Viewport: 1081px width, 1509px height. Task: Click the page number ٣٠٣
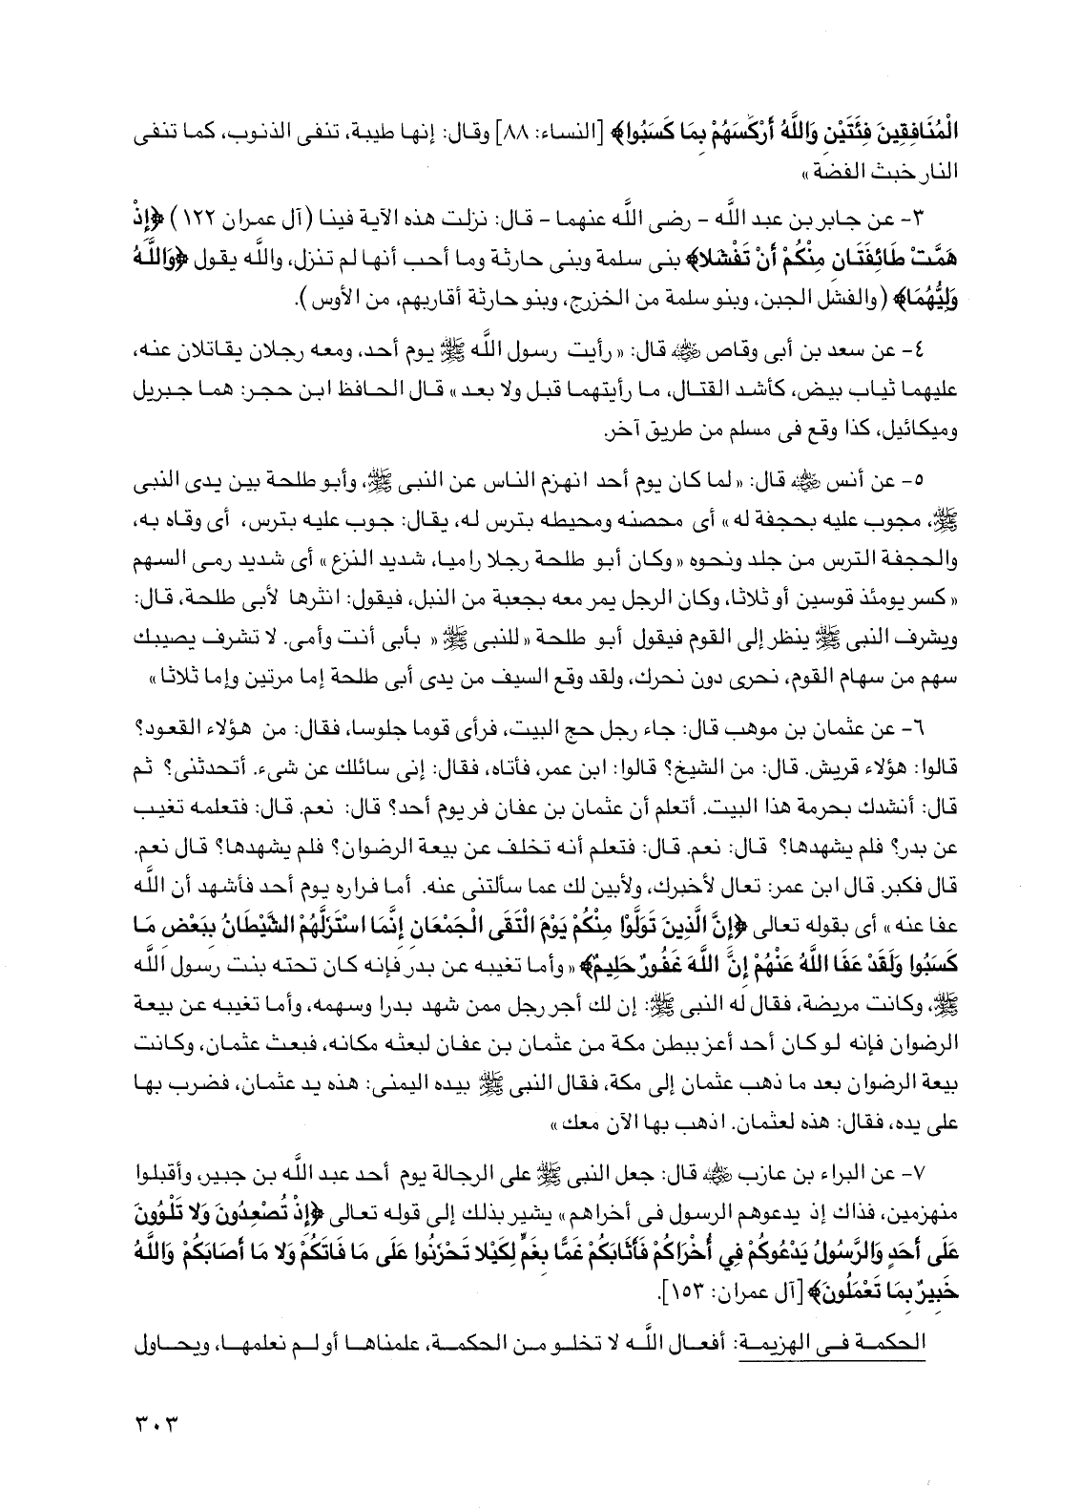pos(157,1433)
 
